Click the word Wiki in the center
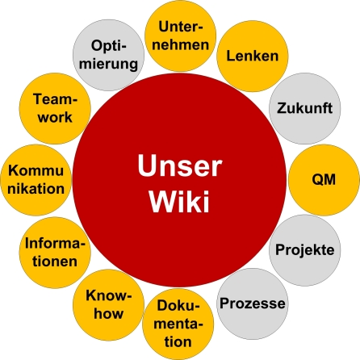178,202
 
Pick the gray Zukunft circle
304,107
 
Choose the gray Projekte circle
305,249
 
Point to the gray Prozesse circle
252,304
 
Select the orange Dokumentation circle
179,324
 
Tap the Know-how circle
109,304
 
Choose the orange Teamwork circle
53,107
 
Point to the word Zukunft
304,108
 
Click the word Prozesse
252,304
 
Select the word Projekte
305,250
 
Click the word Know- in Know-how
109,295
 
